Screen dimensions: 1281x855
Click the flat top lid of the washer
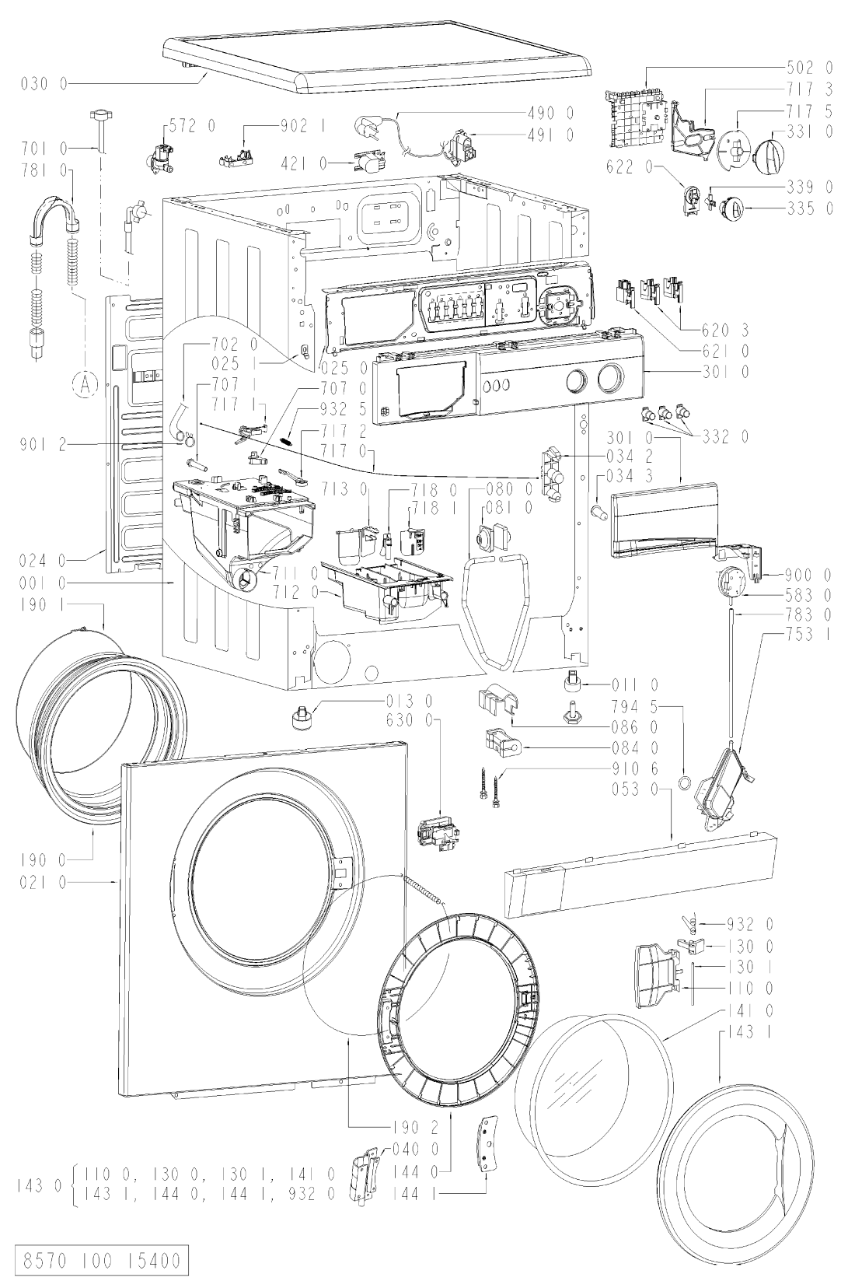click(x=373, y=59)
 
